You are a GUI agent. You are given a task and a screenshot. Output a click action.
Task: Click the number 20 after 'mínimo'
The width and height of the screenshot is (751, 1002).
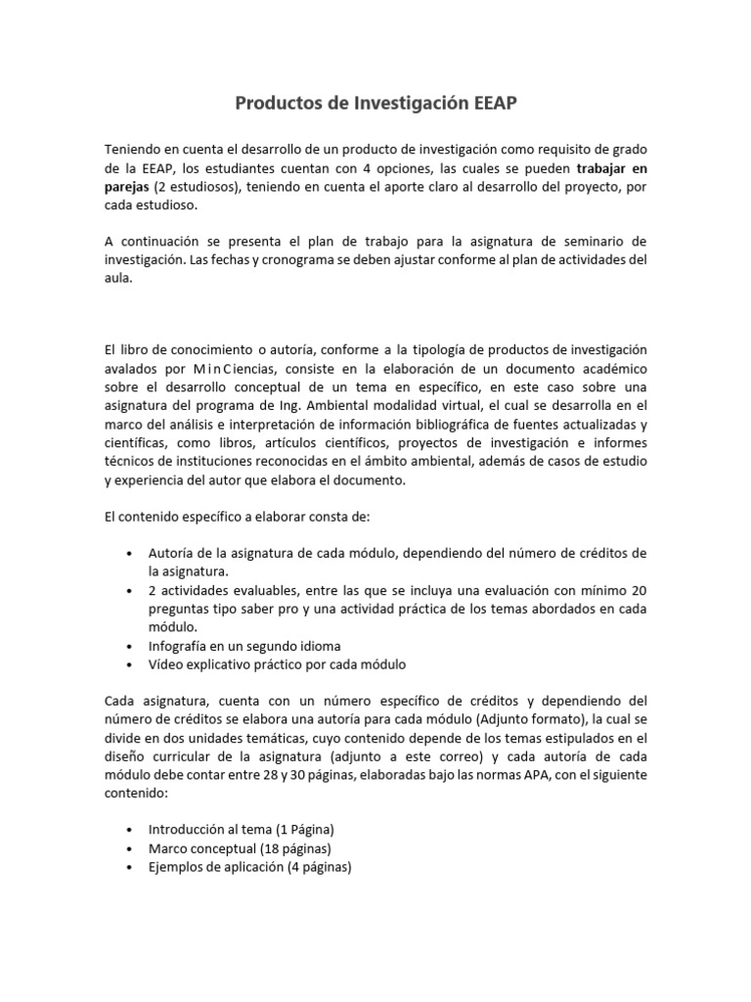[x=638, y=590]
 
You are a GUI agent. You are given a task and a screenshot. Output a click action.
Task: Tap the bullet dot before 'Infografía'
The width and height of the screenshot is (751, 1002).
[x=130, y=647]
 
